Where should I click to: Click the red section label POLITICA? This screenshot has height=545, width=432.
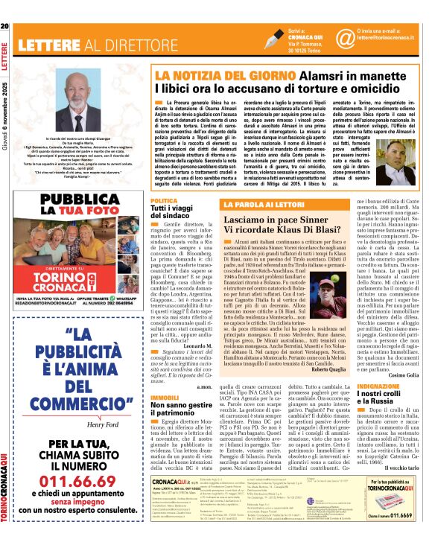(x=163, y=200)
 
